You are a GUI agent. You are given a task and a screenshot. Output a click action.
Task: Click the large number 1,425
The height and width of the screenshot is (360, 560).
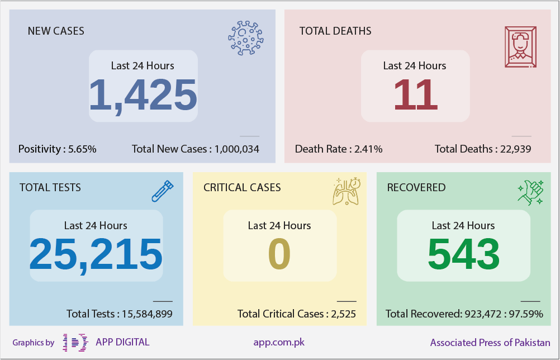pyautogui.click(x=143, y=95)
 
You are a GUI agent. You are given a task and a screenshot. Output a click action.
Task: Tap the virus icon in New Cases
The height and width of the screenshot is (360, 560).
pyautogui.click(x=246, y=38)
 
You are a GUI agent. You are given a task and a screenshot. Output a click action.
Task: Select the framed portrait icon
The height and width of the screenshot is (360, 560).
pyautogui.click(x=520, y=47)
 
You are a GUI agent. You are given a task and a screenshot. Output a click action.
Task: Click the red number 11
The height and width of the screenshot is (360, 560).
pyautogui.click(x=415, y=94)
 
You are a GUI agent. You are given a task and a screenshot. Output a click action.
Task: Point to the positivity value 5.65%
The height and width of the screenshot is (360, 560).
pyautogui.click(x=82, y=149)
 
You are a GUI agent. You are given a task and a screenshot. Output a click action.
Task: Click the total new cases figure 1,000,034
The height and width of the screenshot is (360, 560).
pyautogui.click(x=237, y=149)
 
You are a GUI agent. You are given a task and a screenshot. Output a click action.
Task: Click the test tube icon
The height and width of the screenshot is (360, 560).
pyautogui.click(x=163, y=191)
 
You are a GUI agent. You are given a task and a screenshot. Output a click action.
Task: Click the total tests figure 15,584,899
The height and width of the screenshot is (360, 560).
pyautogui.click(x=147, y=314)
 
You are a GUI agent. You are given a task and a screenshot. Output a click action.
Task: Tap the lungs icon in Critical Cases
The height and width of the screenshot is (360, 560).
pyautogui.click(x=347, y=191)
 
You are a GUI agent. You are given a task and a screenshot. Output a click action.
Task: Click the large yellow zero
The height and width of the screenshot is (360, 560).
pyautogui.click(x=279, y=254)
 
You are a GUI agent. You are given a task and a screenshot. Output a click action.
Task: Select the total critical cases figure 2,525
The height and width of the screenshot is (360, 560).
pyautogui.click(x=343, y=314)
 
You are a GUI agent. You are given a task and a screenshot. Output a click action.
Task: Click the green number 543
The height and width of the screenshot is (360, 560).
pyautogui.click(x=463, y=254)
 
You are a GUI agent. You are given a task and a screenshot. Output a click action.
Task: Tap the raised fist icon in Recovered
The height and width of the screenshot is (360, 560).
pyautogui.click(x=531, y=192)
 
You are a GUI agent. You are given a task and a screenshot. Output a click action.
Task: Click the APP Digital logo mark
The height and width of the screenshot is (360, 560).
pyautogui.click(x=75, y=343)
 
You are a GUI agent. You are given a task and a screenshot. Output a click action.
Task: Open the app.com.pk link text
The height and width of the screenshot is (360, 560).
pyautogui.click(x=279, y=343)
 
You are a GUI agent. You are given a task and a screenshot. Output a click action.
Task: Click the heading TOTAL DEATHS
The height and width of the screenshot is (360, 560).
pyautogui.click(x=335, y=31)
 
